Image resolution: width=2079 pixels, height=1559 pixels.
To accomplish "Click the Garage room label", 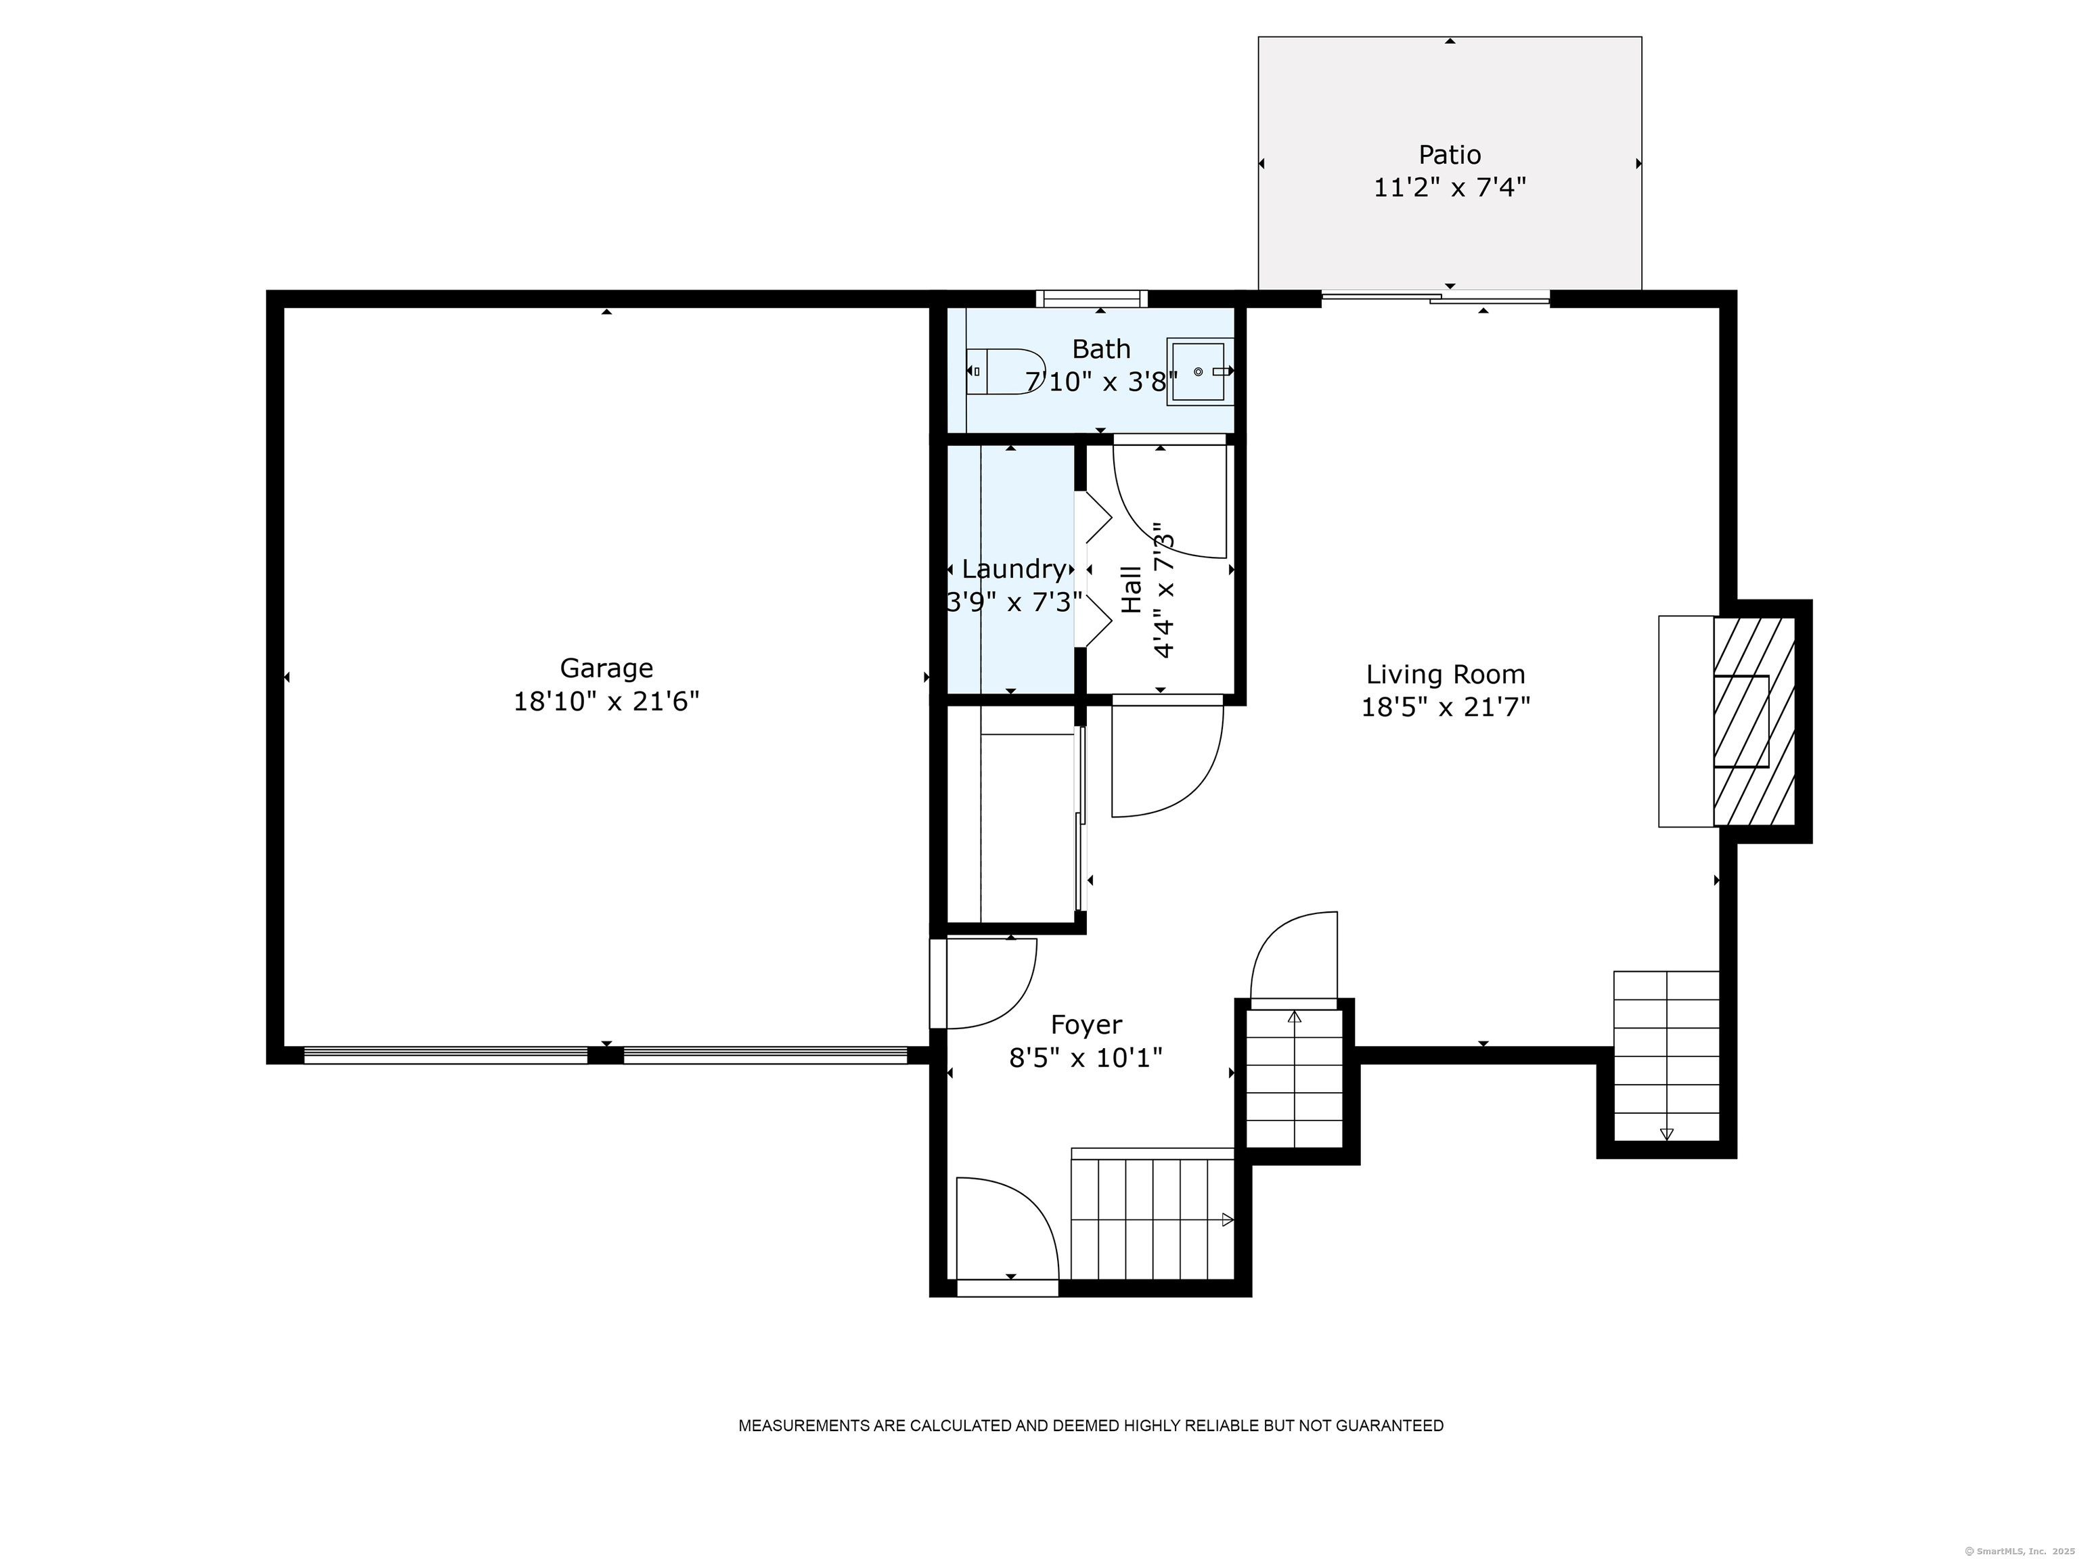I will [x=606, y=668].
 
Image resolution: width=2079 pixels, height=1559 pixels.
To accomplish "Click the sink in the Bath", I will [x=1199, y=372].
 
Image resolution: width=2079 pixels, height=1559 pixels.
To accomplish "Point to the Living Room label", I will [x=1445, y=674].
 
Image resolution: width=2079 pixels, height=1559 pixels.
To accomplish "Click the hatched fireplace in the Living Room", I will [x=1753, y=721].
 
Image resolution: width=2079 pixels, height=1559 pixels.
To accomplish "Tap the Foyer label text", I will [x=1086, y=1024].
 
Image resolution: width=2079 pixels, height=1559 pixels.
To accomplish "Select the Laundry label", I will [x=1013, y=568].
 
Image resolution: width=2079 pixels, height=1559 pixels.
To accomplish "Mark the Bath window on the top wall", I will [x=1091, y=299].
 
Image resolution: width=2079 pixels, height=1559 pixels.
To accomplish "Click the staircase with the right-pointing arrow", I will [x=1151, y=1219].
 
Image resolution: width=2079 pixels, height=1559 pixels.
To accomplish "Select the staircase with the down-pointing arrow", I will [x=1666, y=1056].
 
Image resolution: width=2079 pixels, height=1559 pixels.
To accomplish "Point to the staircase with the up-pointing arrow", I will [x=1294, y=1078].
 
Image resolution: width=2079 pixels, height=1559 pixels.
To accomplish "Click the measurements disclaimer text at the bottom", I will [x=1090, y=1426].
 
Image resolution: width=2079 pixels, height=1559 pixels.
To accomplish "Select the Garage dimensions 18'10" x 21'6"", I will [x=606, y=702].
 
